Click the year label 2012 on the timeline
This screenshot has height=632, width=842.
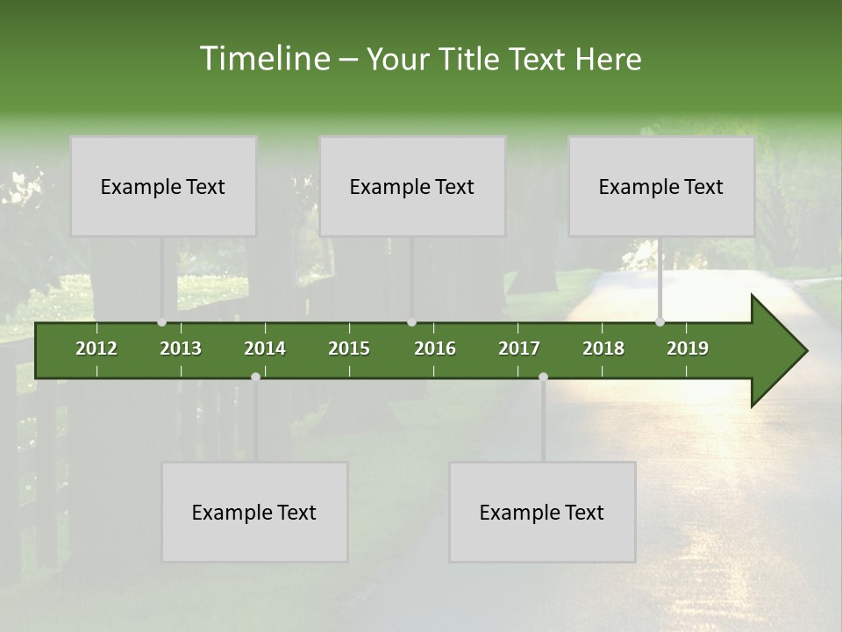coord(96,348)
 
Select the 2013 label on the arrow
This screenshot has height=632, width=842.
coord(181,348)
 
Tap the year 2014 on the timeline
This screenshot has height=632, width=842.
coord(265,348)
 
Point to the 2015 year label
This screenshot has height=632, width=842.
coord(349,348)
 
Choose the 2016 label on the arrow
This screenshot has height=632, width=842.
coord(435,348)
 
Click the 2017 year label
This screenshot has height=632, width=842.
coord(519,348)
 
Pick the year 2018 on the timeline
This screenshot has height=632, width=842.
coord(603,348)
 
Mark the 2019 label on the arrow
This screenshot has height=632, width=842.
coord(688,348)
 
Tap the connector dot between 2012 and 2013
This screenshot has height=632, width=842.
coord(161,322)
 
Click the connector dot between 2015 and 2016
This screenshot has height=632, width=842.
coord(411,322)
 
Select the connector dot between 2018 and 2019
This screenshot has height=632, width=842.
coord(660,322)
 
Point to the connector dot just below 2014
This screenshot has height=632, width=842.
coord(255,377)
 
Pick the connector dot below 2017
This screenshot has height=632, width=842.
coord(543,377)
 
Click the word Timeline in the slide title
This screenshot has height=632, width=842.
coord(264,59)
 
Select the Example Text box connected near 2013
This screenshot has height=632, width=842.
coord(163,186)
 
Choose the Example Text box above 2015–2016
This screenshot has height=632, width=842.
coord(412,186)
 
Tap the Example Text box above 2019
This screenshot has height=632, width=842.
coord(661,186)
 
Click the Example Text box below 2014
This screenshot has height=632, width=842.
coord(254,512)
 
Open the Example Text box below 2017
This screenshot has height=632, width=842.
coord(542,512)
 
